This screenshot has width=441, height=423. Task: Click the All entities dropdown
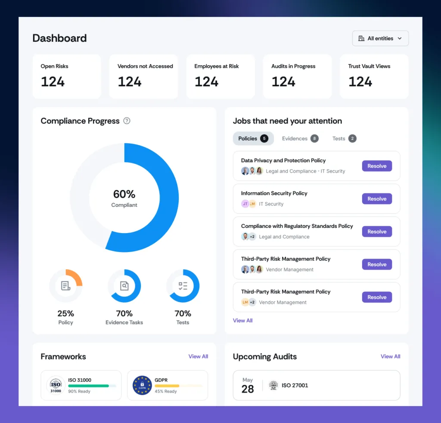tap(380, 38)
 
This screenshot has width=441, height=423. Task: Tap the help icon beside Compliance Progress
tap(127, 121)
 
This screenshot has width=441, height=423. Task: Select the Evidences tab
tap(300, 139)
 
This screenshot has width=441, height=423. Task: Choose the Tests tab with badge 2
tap(344, 139)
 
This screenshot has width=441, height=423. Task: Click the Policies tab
tap(253, 139)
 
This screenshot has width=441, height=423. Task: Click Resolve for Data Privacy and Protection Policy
tap(377, 166)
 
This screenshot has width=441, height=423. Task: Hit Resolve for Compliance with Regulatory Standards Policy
tap(377, 232)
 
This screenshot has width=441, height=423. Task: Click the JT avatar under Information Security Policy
tap(245, 204)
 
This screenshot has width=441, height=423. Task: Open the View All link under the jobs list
tap(242, 320)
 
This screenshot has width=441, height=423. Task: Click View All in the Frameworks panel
tap(198, 357)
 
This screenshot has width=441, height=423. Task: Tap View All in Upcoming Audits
tap(390, 357)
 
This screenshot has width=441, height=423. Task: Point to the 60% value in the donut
tap(124, 194)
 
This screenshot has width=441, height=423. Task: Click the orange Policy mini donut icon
tap(65, 286)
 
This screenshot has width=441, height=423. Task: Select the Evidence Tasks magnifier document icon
tap(124, 286)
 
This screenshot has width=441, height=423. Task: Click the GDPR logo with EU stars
tap(142, 385)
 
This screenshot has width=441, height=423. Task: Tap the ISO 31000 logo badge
tap(56, 385)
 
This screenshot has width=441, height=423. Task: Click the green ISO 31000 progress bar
tap(89, 386)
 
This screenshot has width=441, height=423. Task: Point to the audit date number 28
tap(247, 389)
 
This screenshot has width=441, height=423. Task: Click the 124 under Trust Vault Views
tap(360, 82)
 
